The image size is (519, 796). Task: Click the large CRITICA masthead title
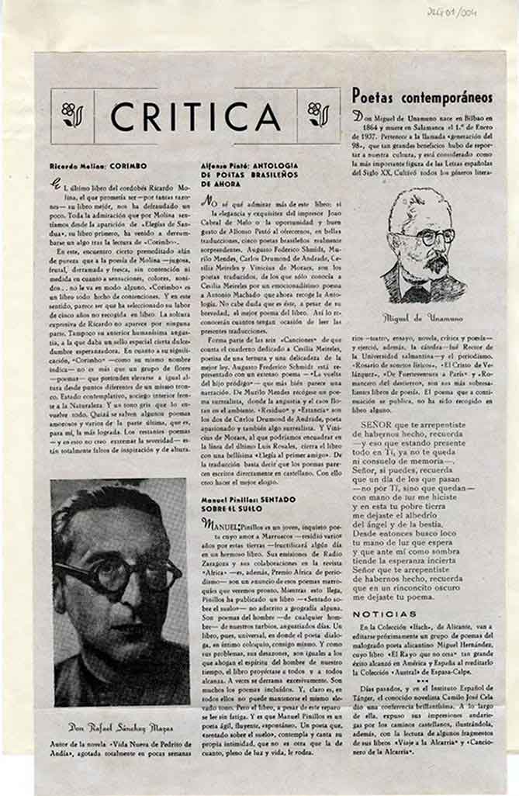coord(195,116)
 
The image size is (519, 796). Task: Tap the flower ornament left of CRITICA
coord(72,115)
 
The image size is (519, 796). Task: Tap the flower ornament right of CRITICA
coord(318,115)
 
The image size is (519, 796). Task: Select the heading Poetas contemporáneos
coord(422,96)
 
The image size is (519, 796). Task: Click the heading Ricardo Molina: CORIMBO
coord(98,166)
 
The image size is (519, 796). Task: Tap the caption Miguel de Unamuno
coord(424,317)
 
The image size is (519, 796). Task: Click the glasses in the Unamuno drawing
coord(431,237)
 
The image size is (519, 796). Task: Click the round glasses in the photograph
coord(116,573)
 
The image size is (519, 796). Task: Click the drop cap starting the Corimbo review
coord(55,183)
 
